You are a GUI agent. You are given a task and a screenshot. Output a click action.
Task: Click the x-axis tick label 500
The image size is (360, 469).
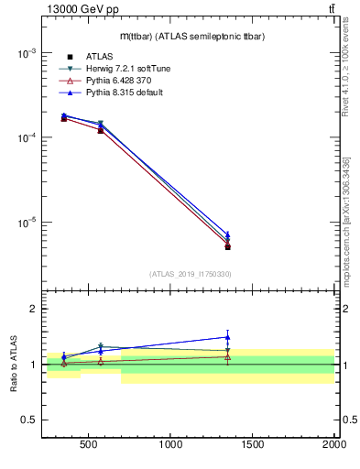89,446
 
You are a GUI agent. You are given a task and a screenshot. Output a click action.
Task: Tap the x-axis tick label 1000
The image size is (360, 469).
171,446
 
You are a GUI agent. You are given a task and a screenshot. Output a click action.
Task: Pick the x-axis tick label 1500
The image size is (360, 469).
253,446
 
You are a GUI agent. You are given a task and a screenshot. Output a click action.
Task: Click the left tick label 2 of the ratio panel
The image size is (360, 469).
32,310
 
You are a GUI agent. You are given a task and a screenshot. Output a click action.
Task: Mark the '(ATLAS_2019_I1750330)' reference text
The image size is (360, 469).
189,274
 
